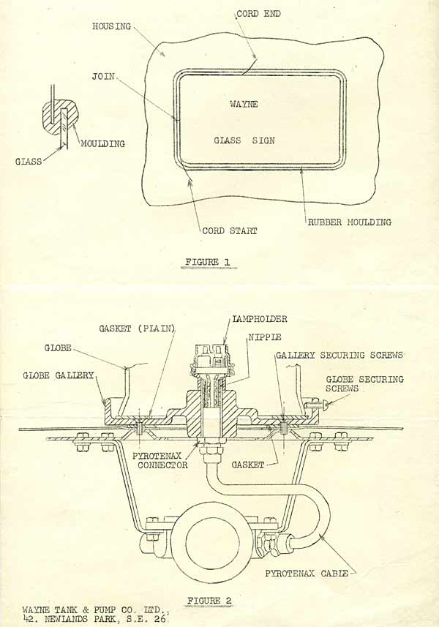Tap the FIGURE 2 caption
pyautogui.click(x=209, y=600)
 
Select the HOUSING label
pyautogui.click(x=111, y=26)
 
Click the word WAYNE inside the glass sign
pyautogui.click(x=244, y=105)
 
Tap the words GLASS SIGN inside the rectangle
pyautogui.click(x=244, y=140)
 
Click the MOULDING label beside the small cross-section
pyautogui.click(x=103, y=144)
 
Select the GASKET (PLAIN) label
pyautogui.click(x=137, y=329)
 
